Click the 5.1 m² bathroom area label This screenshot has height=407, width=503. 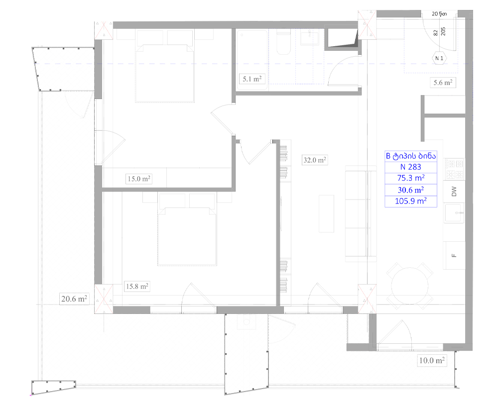point(252,79)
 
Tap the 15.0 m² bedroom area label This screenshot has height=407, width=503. point(139,179)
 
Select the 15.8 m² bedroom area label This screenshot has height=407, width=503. point(137,286)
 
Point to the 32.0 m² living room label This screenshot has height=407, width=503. point(315,160)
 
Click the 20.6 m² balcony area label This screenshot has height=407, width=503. point(74,299)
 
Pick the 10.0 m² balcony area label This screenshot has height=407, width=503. point(432,360)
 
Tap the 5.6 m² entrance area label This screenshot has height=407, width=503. point(443,83)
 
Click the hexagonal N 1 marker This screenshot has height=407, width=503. point(439,58)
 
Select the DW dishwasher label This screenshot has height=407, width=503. point(454,192)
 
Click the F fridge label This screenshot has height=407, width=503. point(454,255)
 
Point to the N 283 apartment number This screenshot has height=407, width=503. point(410,167)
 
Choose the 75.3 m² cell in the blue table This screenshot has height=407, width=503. point(411,178)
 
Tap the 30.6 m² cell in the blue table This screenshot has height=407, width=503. point(411,190)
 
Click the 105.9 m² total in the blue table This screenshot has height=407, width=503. point(411,201)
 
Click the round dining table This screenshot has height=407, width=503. point(410,286)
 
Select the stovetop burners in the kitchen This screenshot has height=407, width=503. point(454,169)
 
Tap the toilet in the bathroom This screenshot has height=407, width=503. point(283,43)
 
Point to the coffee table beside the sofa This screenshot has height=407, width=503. point(326,213)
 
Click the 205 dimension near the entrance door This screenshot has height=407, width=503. point(443,31)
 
